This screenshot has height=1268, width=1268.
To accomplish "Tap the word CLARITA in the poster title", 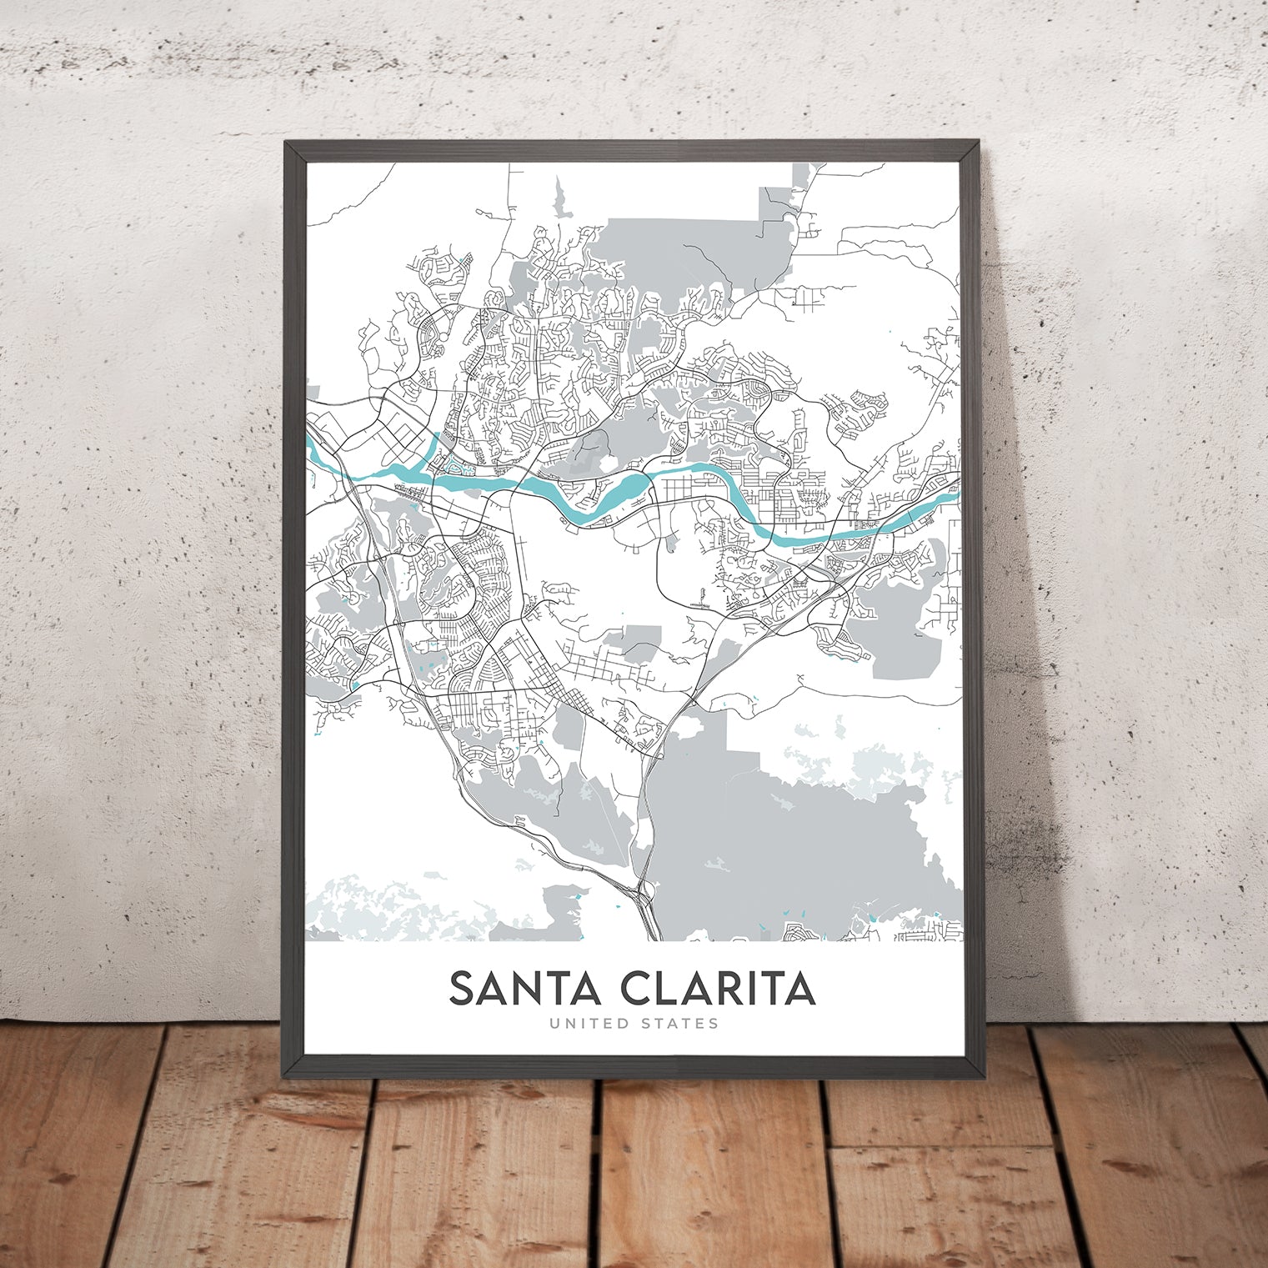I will [718, 989].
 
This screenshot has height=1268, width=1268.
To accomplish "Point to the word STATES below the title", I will [680, 1023].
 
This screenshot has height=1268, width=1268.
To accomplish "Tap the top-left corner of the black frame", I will [286, 143].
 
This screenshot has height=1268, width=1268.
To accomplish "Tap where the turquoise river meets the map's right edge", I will [959, 491].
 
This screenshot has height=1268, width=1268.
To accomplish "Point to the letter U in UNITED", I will [554, 1023].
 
